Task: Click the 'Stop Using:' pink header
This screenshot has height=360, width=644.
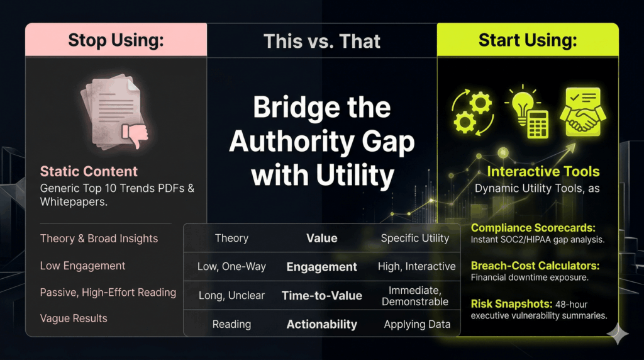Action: click(116, 40)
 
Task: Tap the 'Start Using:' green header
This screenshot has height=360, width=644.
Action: click(527, 40)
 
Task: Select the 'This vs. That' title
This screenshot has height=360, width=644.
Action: click(322, 42)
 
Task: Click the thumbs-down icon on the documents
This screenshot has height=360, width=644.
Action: click(136, 134)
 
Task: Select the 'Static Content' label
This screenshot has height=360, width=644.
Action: click(89, 171)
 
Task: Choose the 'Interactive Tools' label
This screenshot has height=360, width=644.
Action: click(543, 171)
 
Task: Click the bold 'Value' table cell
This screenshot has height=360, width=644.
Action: click(321, 238)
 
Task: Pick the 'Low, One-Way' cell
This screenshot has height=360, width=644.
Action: click(231, 267)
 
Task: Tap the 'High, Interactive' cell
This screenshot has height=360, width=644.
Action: click(416, 267)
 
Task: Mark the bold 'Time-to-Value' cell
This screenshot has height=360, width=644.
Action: click(321, 295)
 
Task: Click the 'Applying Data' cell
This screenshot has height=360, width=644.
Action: click(417, 325)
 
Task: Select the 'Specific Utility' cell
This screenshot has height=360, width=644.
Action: click(415, 238)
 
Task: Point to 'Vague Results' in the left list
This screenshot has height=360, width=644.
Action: click(74, 318)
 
